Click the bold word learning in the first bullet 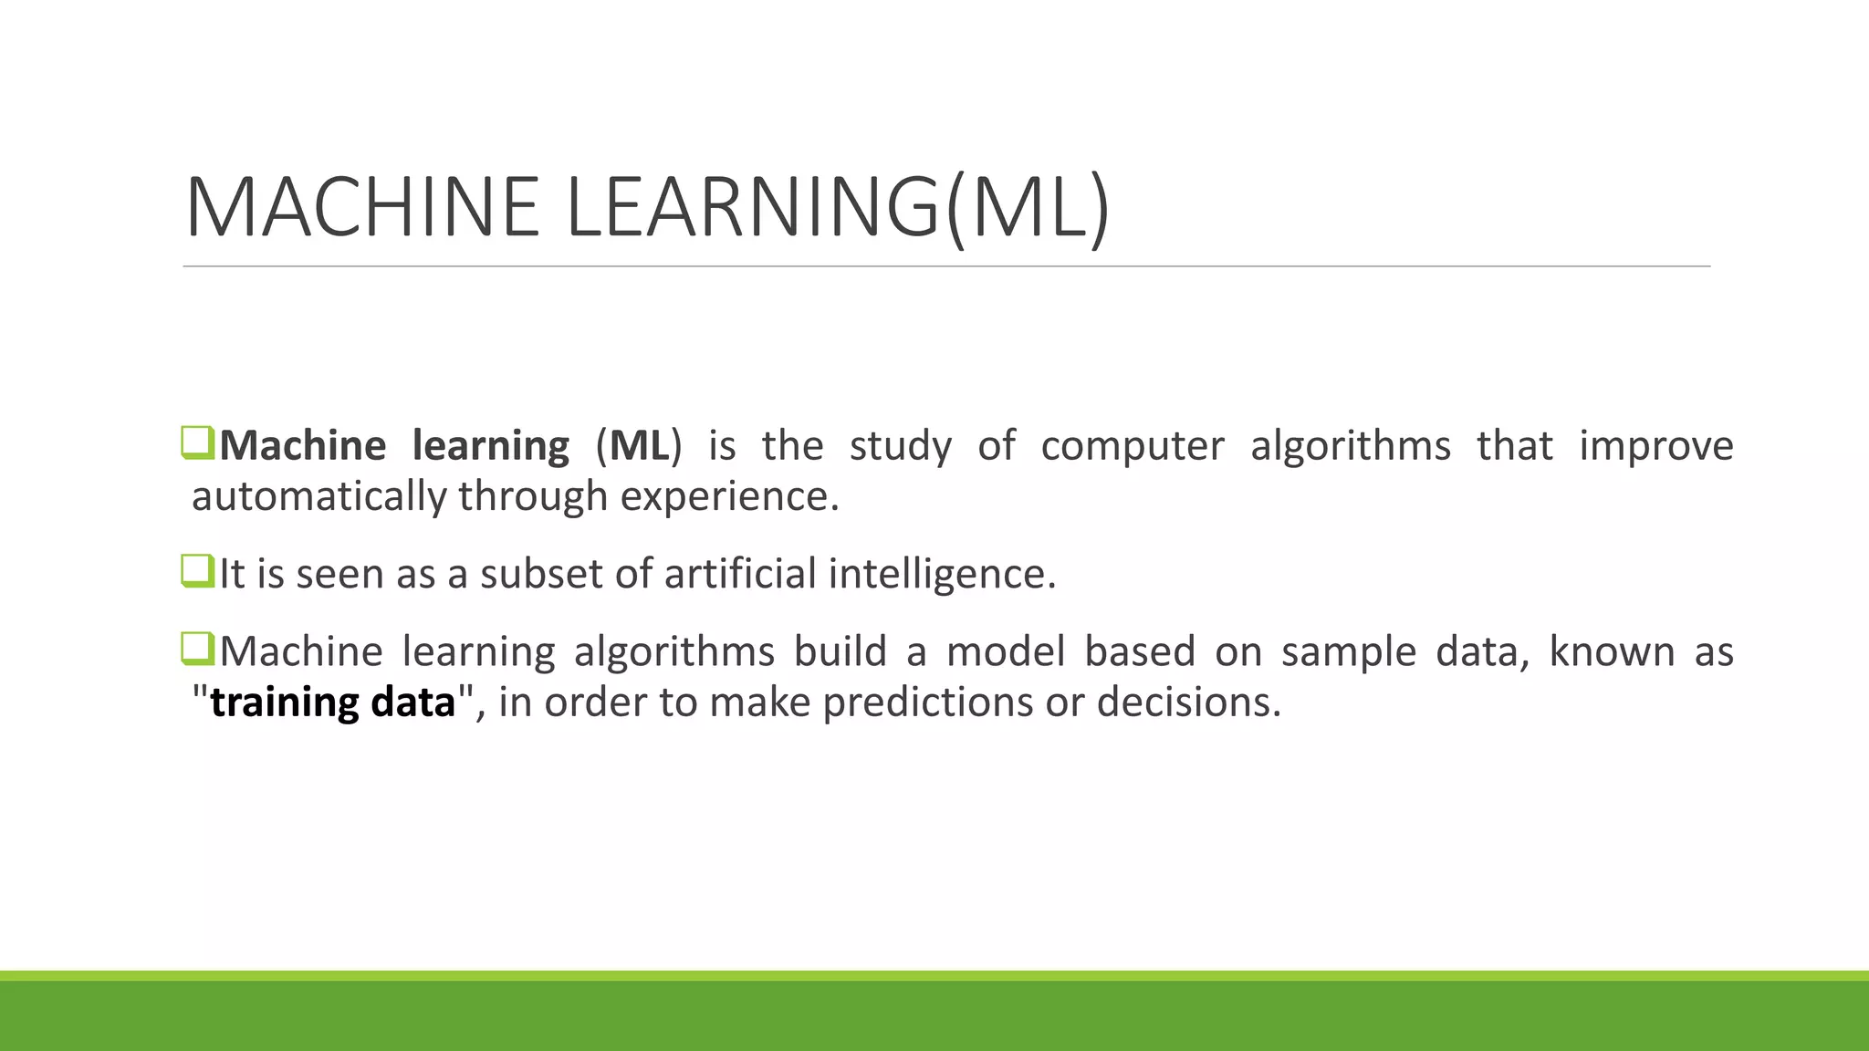pyautogui.click(x=491, y=446)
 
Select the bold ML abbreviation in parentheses pyautogui.click(x=639, y=446)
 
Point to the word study pyautogui.click(x=900, y=446)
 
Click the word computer pyautogui.click(x=1133, y=446)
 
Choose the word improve pyautogui.click(x=1656, y=446)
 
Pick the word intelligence pyautogui.click(x=941, y=574)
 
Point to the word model pyautogui.click(x=1006, y=651)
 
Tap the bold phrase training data pyautogui.click(x=332, y=702)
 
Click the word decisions pyautogui.click(x=1188, y=702)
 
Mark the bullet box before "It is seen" pyautogui.click(x=197, y=571)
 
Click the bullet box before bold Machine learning pyautogui.click(x=197, y=442)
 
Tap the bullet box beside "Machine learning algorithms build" pyautogui.click(x=197, y=649)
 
